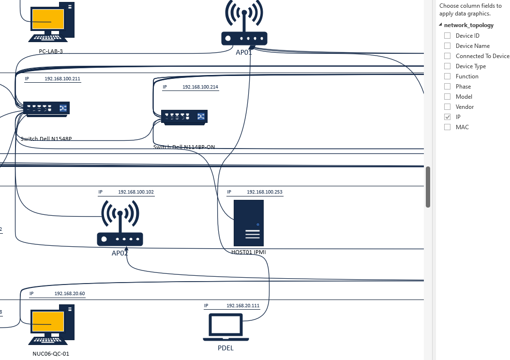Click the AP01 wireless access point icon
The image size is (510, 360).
(x=244, y=24)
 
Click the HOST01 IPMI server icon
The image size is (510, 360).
(x=249, y=223)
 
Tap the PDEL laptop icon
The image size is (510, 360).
(x=226, y=327)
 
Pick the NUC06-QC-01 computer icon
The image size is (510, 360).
(x=52, y=322)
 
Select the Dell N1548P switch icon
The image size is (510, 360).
(x=46, y=108)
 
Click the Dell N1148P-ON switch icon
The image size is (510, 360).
(x=184, y=117)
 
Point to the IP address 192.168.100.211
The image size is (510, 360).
(x=62, y=78)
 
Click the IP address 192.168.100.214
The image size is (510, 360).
(x=200, y=87)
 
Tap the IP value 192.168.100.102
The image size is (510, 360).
(x=136, y=192)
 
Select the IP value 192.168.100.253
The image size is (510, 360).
(x=265, y=192)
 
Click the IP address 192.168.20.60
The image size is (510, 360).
(x=70, y=294)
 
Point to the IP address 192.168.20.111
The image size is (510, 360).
(x=243, y=306)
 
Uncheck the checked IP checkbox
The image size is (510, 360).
(x=447, y=117)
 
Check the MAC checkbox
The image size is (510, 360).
(x=447, y=127)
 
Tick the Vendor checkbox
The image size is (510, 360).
(x=447, y=107)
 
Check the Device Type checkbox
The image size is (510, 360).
(x=447, y=66)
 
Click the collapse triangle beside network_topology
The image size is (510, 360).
(x=440, y=25)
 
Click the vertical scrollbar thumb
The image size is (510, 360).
(x=428, y=187)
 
